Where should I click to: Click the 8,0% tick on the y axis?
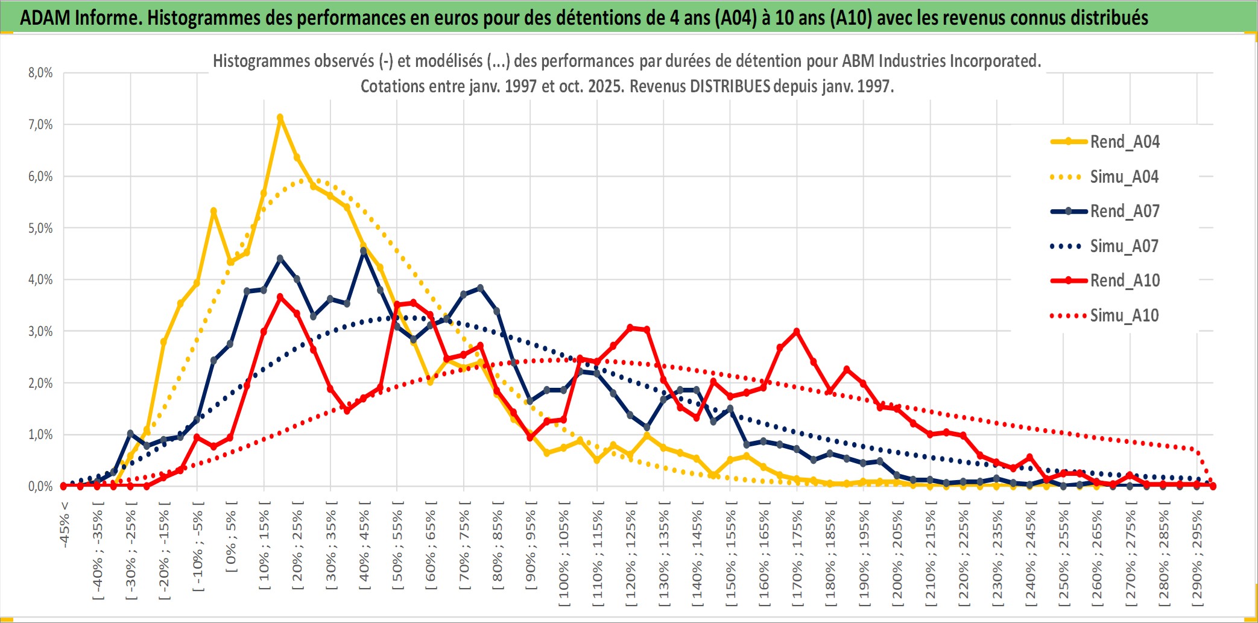tap(40, 73)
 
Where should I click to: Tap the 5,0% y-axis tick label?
tap(40, 228)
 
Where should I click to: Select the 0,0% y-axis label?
tap(40, 486)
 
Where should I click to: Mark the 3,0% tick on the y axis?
tap(40, 331)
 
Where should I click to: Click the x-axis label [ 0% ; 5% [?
tap(232, 536)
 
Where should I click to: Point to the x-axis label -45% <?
tap(65, 525)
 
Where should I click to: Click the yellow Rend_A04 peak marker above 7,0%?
tap(280, 118)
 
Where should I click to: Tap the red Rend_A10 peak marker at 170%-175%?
tap(797, 331)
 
